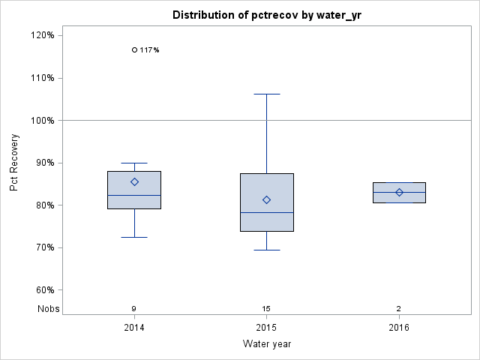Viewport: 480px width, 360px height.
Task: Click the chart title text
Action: (266, 15)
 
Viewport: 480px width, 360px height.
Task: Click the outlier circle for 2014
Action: (134, 50)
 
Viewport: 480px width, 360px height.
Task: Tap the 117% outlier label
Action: (149, 50)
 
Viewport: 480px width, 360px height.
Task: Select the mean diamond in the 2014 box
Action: (134, 181)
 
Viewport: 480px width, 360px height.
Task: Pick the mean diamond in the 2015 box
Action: (266, 199)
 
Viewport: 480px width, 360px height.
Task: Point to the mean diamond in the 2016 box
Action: (399, 192)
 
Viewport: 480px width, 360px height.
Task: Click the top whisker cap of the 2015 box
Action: (266, 94)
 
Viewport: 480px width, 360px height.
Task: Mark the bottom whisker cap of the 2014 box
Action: (134, 237)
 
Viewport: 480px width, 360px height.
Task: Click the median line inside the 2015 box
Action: (266, 212)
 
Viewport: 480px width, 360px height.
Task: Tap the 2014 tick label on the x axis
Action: (134, 328)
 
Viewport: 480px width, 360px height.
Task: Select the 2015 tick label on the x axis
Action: (266, 328)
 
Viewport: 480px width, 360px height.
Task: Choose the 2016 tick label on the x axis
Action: (399, 328)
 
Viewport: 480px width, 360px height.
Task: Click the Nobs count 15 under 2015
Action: (266, 309)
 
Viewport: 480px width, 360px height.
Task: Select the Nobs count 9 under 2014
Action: (134, 309)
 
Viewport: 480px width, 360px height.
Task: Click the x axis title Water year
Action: (266, 344)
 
